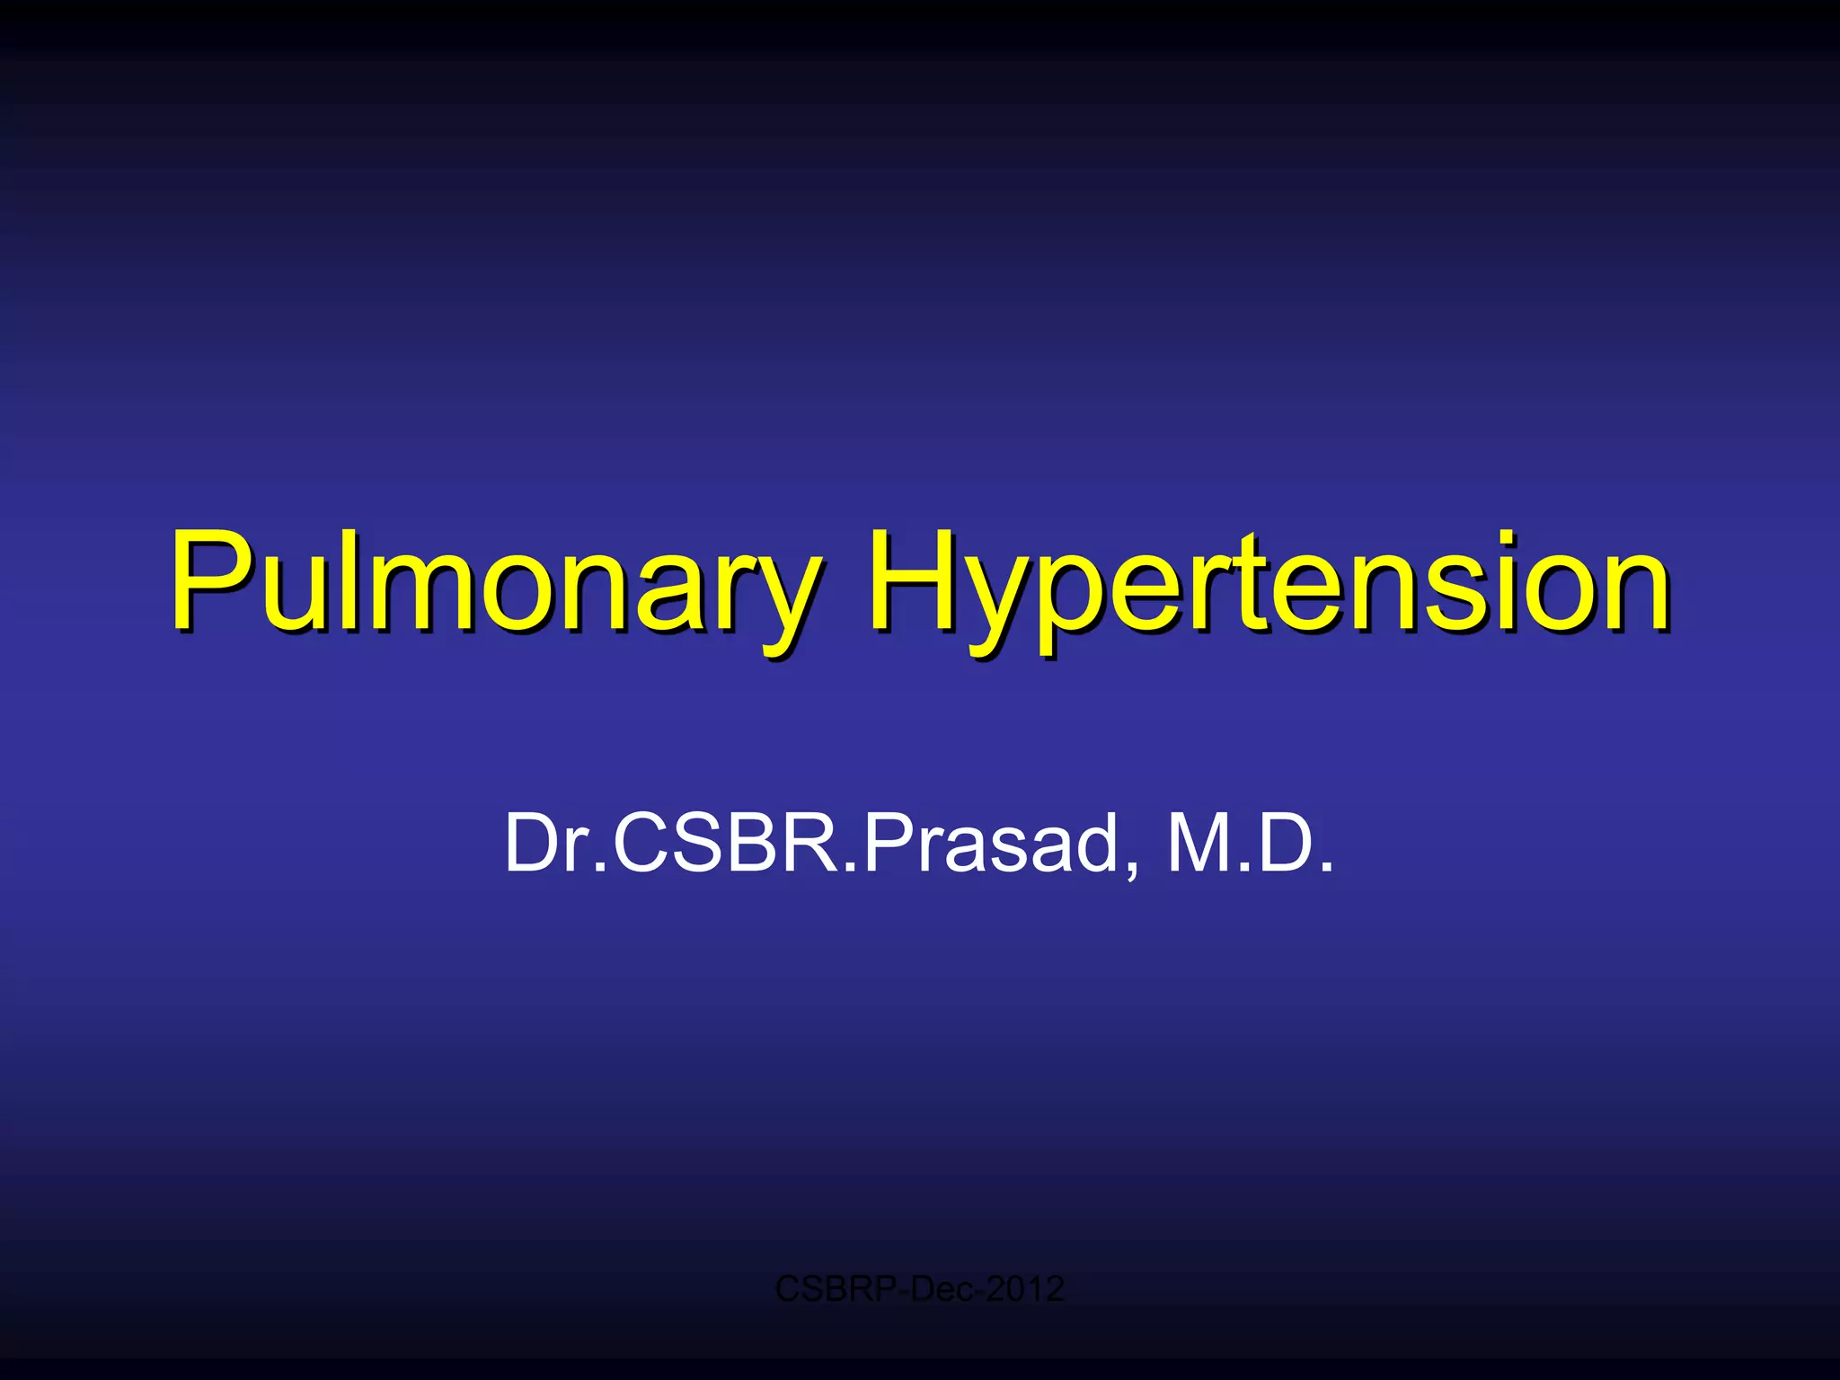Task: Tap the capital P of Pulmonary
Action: [x=208, y=579]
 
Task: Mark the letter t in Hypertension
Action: [x=1252, y=584]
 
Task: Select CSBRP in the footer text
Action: [x=836, y=1289]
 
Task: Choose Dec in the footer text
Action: [x=942, y=1289]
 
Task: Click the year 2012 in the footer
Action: [x=1024, y=1289]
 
